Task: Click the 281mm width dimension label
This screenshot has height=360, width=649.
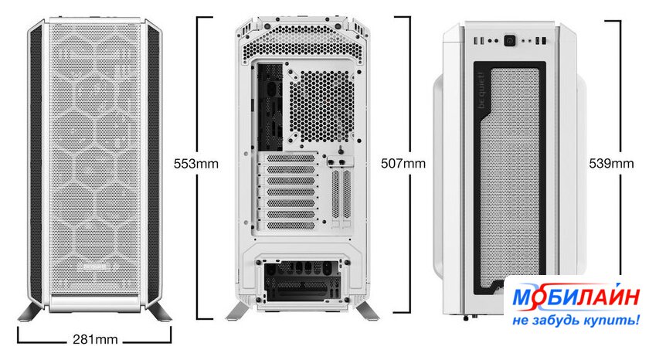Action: pos(95,340)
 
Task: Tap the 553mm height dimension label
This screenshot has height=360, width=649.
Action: pos(195,164)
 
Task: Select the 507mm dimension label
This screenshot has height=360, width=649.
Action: pos(403,164)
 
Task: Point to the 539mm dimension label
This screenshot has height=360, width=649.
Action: pos(611,164)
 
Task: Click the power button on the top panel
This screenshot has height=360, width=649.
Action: pos(509,40)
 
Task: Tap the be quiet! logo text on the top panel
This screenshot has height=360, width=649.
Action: pos(481,91)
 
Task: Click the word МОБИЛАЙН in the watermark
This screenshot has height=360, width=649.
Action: pos(576,297)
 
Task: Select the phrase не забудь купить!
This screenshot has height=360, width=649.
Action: pos(576,321)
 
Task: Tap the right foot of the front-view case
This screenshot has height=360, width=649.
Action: pos(158,312)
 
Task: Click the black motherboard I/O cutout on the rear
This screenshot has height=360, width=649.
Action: pos(270,107)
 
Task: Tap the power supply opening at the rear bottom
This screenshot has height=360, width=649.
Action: pos(303,281)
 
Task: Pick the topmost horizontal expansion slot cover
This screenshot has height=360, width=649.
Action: pos(291,158)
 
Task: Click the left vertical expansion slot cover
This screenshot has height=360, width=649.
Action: pos(335,194)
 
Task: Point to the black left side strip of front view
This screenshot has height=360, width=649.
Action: pos(36,165)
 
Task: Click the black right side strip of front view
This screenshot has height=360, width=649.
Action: pos(153,165)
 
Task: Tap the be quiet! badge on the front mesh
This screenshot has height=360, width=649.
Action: pos(95,267)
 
